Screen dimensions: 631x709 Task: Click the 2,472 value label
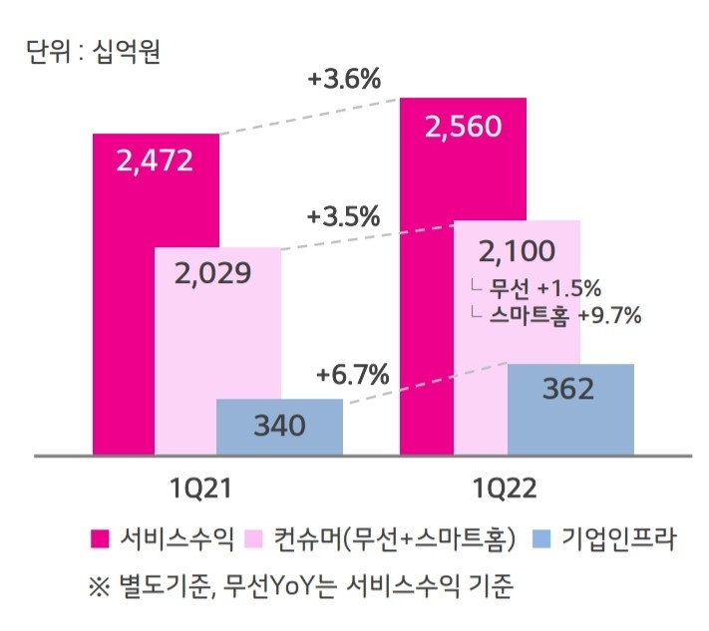pos(155,160)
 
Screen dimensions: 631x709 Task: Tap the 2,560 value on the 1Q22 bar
pos(462,127)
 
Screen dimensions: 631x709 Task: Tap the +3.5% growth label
pos(344,215)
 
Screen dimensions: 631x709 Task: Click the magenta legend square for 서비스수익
pos(100,540)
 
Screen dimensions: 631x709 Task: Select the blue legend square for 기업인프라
pos(542,540)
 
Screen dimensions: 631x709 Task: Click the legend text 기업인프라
pos(618,540)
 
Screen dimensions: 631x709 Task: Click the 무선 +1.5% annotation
pos(544,289)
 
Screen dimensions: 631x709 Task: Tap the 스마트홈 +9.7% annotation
pos(564,316)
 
